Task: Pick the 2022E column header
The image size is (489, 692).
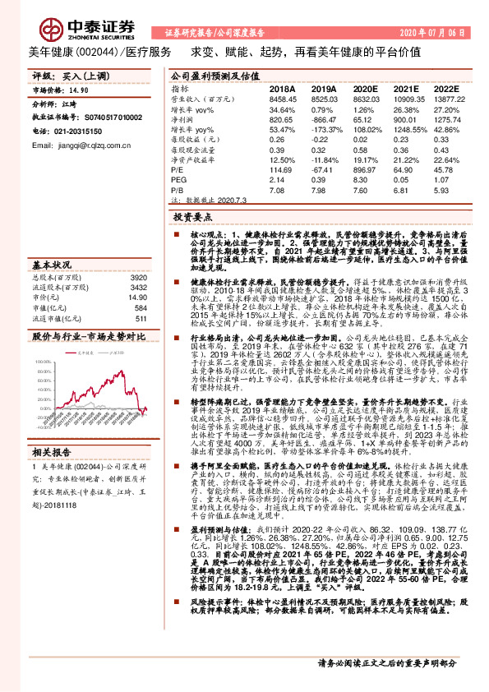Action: click(445, 88)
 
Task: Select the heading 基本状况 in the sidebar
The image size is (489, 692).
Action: click(52, 265)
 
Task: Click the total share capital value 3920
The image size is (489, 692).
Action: click(137, 279)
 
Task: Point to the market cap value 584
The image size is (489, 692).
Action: click(140, 308)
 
